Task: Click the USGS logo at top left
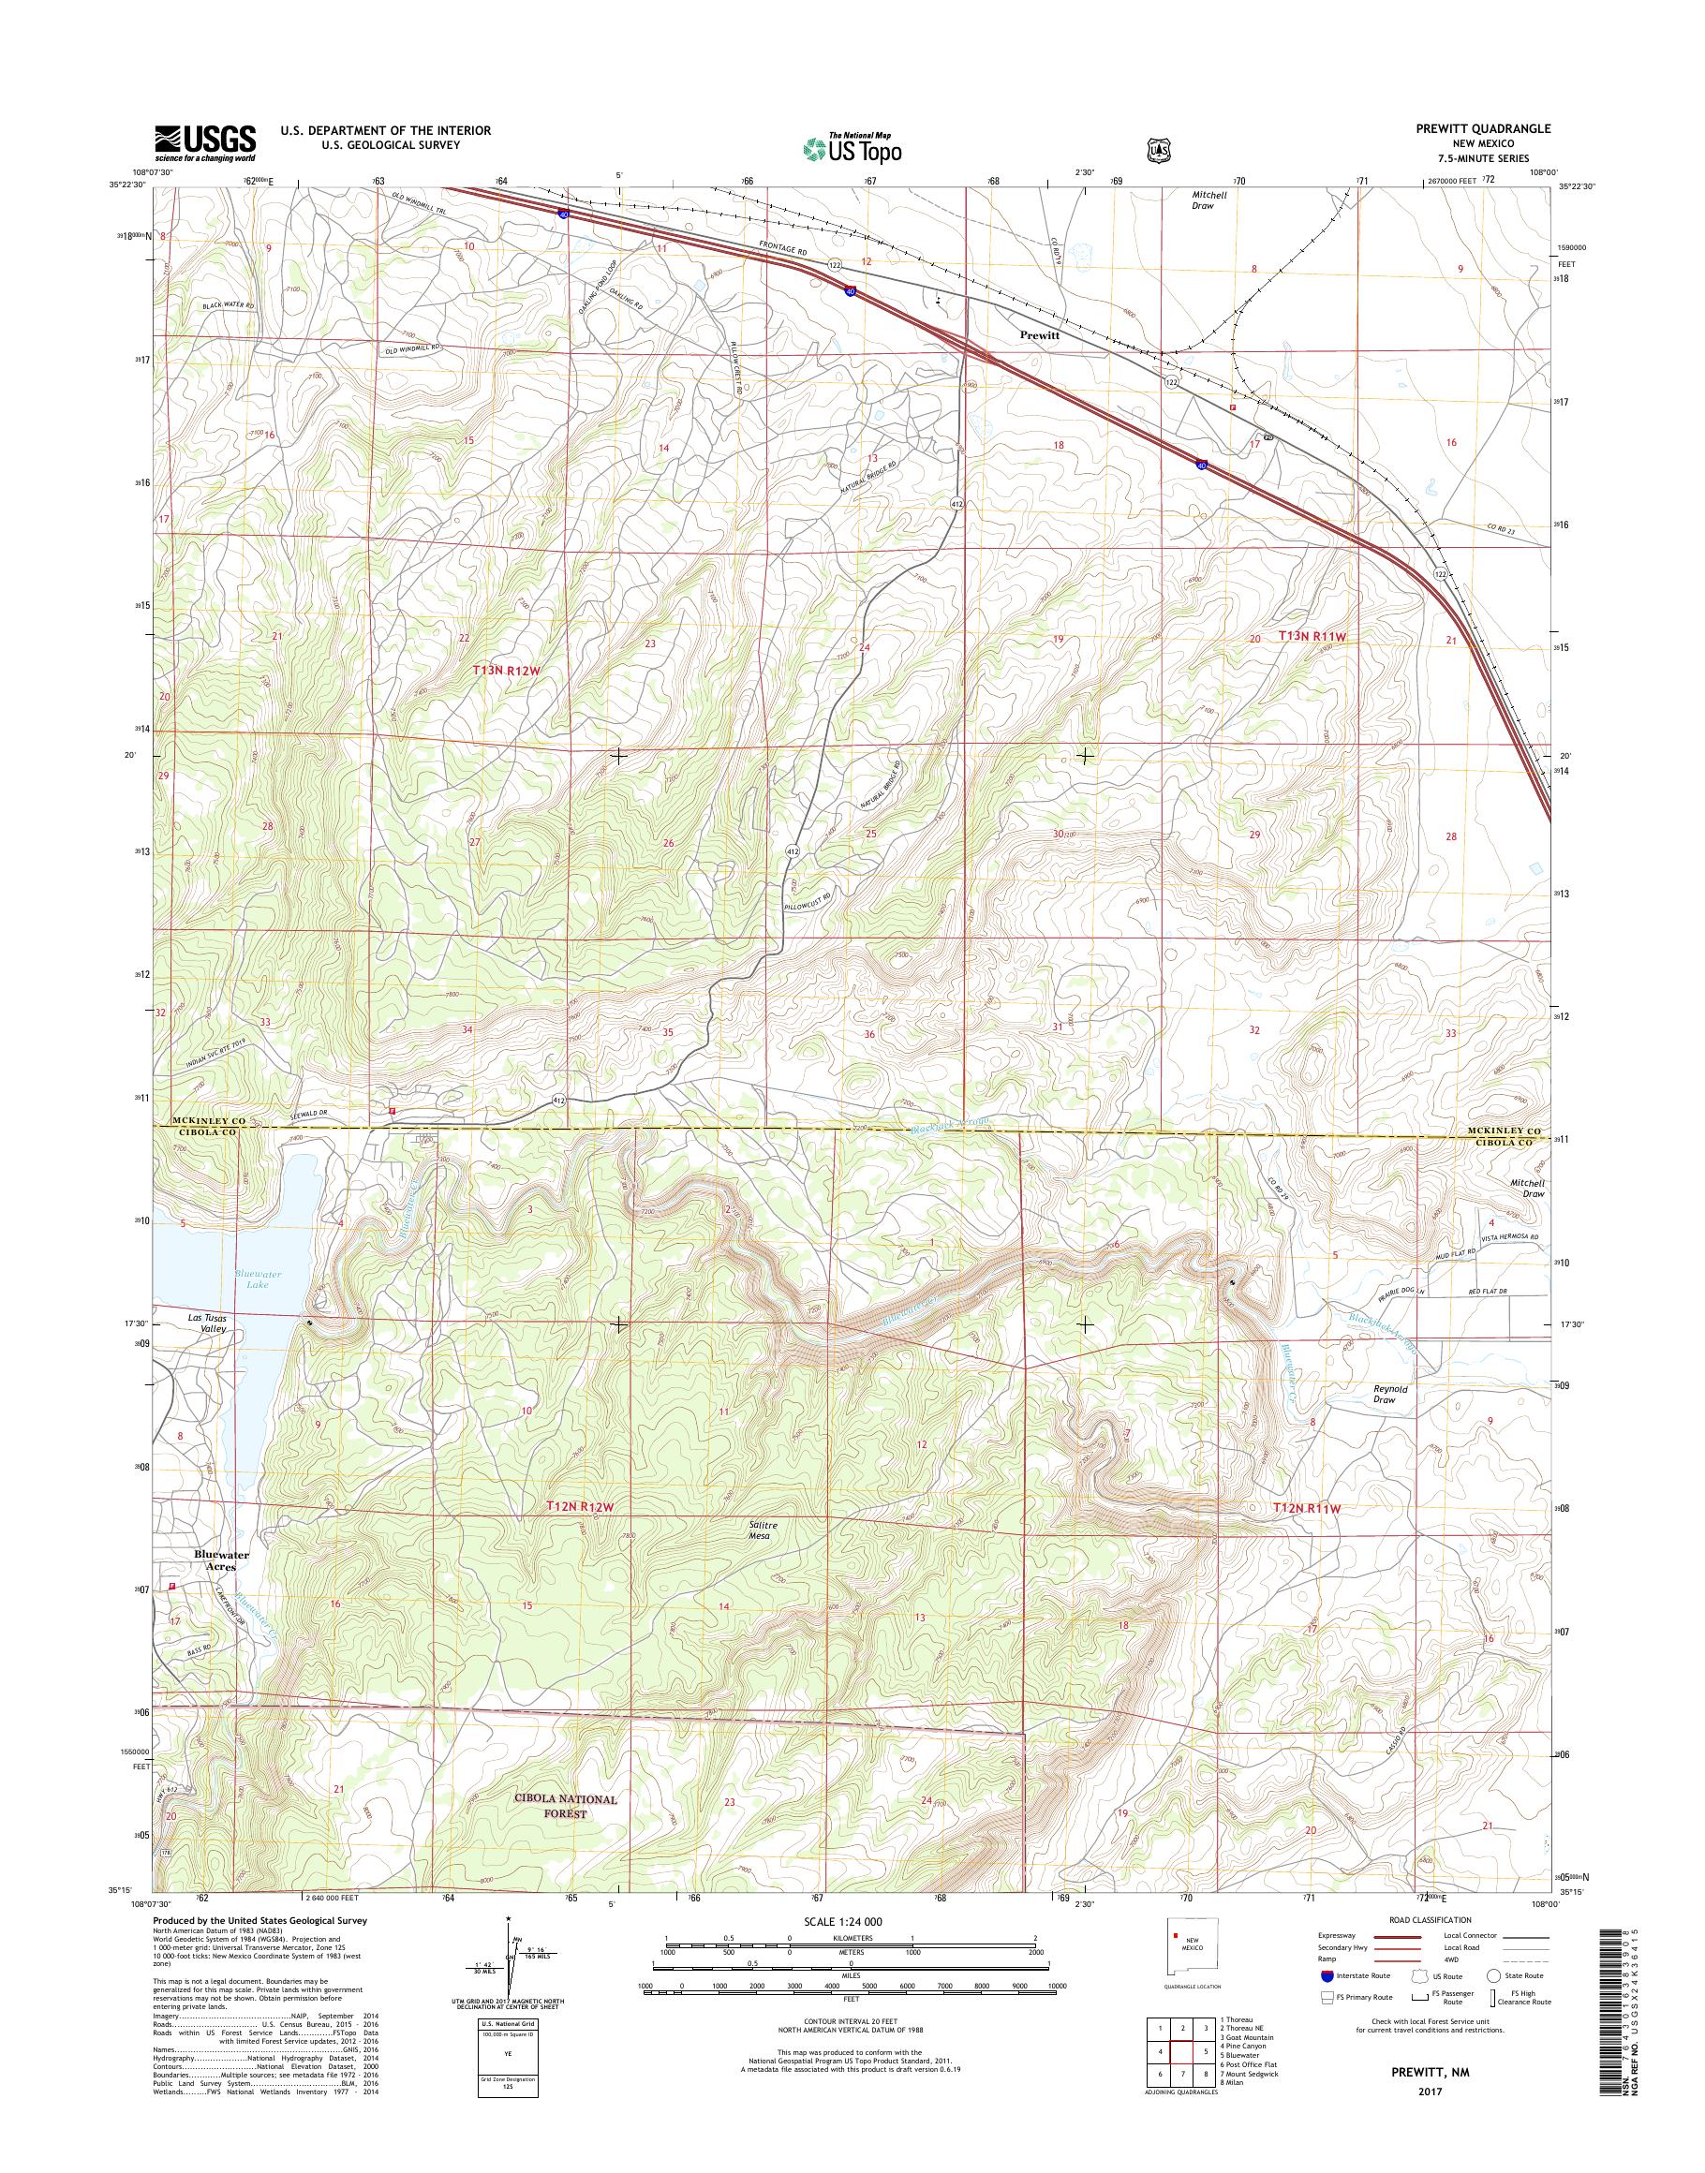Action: pyautogui.click(x=204, y=142)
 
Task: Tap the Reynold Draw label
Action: pyautogui.click(x=1389, y=1394)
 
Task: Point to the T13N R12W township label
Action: pyautogui.click(x=506, y=672)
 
